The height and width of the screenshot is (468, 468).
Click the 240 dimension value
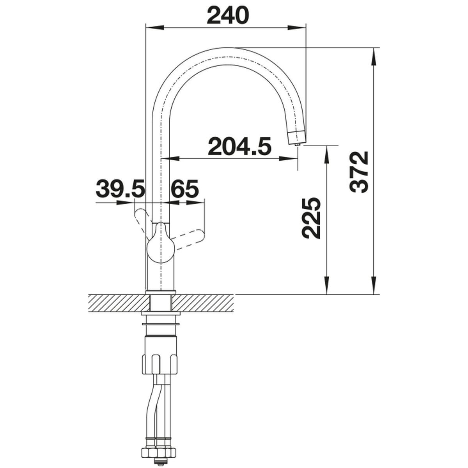228,15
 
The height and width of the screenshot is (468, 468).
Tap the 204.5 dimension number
239,147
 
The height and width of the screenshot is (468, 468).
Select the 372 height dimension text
359,172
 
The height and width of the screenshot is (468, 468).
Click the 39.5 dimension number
120,189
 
